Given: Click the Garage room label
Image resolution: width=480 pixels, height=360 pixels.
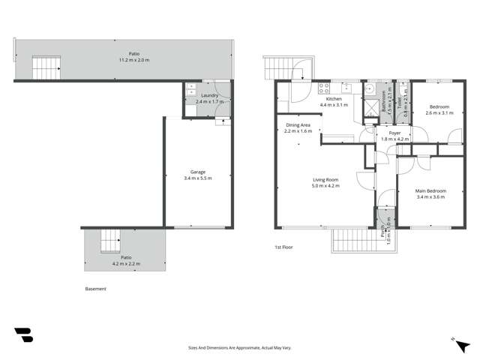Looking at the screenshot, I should pyautogui.click(x=198, y=172).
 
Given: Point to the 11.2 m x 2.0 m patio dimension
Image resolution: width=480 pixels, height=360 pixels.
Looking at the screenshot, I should pyautogui.click(x=134, y=59).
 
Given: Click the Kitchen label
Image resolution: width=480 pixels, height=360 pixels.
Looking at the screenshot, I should pyautogui.click(x=334, y=99).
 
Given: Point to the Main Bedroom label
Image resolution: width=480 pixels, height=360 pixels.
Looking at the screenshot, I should pyautogui.click(x=430, y=190).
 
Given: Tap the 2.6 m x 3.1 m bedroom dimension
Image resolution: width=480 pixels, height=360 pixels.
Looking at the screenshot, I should pyautogui.click(x=439, y=113).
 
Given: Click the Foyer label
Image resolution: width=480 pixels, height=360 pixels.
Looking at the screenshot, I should pyautogui.click(x=394, y=133).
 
